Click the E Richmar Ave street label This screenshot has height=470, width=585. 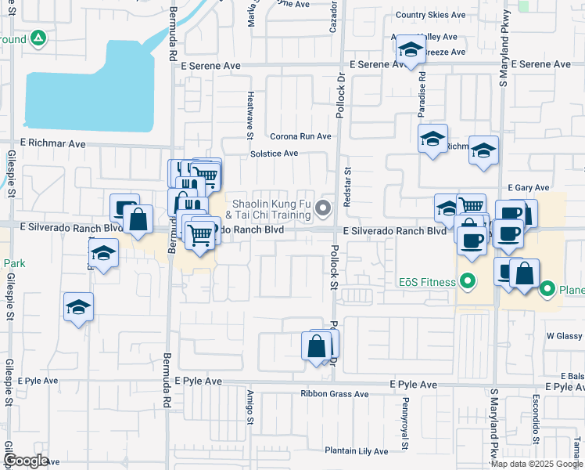(x=52, y=143)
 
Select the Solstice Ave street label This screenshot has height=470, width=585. (x=275, y=154)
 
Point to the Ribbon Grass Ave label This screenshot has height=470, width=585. (x=335, y=394)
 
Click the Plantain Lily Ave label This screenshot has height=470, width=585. (x=357, y=451)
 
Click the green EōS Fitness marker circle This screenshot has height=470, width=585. (x=468, y=280)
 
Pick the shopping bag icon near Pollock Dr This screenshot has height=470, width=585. (x=316, y=345)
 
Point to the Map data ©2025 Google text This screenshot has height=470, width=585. (x=537, y=464)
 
